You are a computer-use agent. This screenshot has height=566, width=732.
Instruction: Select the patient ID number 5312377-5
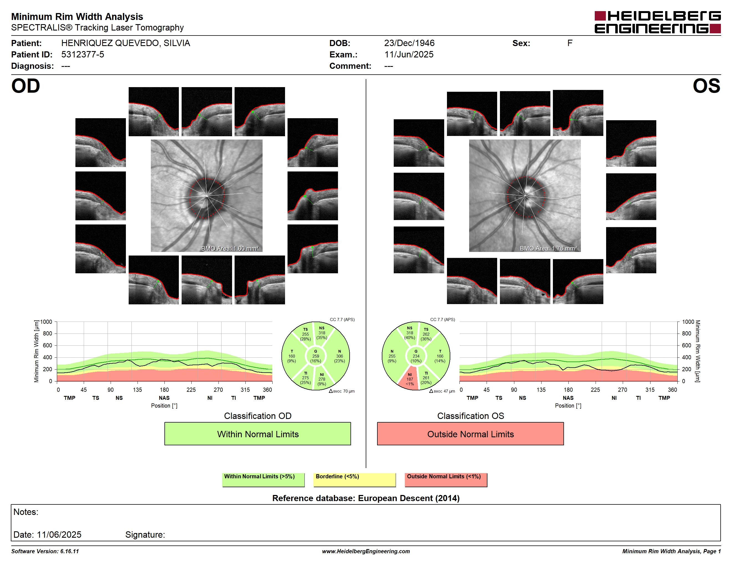click(x=82, y=54)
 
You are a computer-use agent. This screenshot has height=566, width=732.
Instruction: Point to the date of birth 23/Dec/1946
click(x=409, y=43)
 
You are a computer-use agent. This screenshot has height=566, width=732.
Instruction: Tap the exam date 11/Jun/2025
click(x=409, y=54)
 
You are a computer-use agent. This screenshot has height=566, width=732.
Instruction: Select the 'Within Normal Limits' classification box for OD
click(x=257, y=434)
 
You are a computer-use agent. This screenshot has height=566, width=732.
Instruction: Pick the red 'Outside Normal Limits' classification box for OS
click(x=470, y=434)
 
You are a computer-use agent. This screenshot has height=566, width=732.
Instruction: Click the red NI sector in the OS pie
click(x=410, y=379)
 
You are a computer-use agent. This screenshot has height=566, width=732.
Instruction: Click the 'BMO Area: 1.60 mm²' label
click(x=230, y=249)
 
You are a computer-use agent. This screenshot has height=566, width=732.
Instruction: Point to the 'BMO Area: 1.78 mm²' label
click(x=548, y=249)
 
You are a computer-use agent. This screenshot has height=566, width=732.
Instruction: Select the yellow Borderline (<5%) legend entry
click(x=355, y=479)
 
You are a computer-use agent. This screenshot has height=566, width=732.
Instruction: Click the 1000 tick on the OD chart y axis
click(x=46, y=322)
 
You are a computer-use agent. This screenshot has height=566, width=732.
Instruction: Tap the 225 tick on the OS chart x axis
click(x=595, y=390)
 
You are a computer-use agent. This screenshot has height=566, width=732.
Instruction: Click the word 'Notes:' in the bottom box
click(x=26, y=512)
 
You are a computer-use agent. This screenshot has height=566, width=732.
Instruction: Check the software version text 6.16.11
click(x=69, y=551)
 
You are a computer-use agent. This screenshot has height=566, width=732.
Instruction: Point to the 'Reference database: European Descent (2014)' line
click(x=366, y=498)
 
